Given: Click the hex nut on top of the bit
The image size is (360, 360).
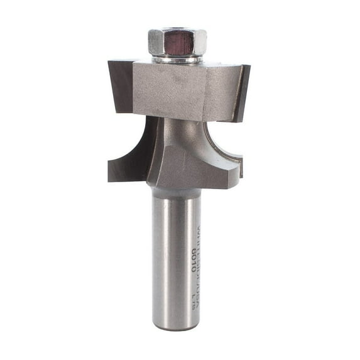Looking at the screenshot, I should [x=178, y=42].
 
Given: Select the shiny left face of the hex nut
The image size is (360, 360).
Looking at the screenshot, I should [x=156, y=42].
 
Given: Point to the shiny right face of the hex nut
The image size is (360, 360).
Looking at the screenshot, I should [x=200, y=42].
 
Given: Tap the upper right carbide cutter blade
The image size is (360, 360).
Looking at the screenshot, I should [x=241, y=91].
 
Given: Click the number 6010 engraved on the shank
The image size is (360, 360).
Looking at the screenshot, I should [x=195, y=257].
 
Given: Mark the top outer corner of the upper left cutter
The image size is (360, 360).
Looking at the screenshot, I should [x=109, y=62].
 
